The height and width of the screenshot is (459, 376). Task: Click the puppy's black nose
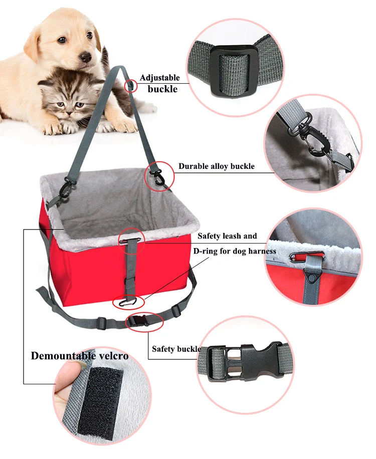[x=87, y=57]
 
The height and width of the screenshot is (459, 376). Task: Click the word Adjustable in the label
[x=159, y=78]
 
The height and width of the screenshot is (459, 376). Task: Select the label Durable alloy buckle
[x=216, y=166]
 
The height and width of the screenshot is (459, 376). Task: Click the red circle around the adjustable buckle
[x=130, y=85]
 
